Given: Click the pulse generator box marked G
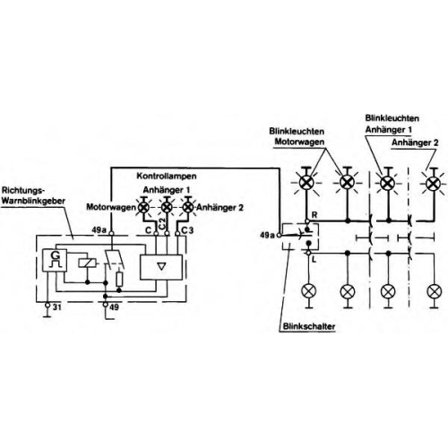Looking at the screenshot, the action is tap(55, 260).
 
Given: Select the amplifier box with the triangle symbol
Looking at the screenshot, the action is tap(161, 267).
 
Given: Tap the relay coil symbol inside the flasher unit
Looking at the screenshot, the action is tap(87, 263).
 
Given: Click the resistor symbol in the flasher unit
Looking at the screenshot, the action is tap(119, 280).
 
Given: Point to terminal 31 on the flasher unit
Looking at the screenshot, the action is tap(47, 306).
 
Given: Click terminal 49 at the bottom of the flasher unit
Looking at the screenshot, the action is tap(105, 305).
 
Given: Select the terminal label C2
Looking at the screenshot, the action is tap(162, 224).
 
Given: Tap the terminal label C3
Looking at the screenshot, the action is tap(187, 230).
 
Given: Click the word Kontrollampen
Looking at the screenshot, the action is tap(167, 176).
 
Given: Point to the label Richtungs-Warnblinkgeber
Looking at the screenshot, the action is tap(33, 195).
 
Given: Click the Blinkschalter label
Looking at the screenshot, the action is tap(309, 326).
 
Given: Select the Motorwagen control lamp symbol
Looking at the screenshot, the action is tap(143, 207).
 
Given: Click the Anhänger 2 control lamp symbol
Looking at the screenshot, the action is tap(188, 207).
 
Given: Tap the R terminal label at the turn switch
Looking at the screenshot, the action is tap(314, 215).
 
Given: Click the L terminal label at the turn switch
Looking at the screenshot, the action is tap(314, 260).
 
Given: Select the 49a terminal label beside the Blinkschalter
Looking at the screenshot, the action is tap(267, 236).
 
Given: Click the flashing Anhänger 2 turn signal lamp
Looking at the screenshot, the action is tap(433, 184).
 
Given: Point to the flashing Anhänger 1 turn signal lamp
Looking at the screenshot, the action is tap(388, 183).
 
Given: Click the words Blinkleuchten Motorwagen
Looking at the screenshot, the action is tap(297, 136).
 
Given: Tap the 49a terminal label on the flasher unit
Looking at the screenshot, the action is tap(99, 230).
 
